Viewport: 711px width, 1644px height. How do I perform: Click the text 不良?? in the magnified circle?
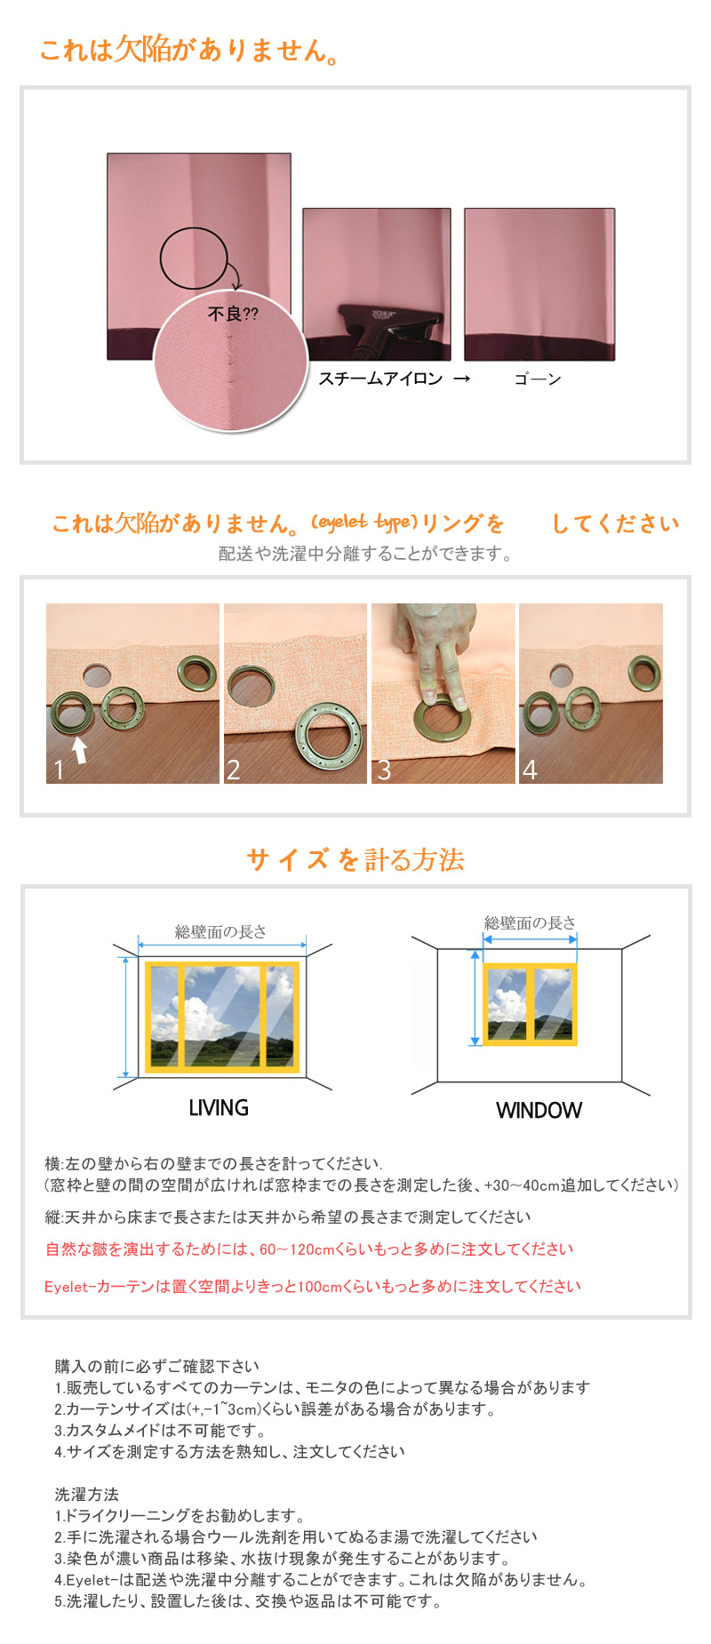pos(233,314)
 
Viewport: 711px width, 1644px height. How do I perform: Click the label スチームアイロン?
pos(380,379)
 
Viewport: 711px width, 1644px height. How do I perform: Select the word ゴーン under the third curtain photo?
pos(538,379)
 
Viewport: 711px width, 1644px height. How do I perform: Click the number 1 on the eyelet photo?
pos(59,769)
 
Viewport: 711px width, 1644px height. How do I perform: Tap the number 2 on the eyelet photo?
pos(234,769)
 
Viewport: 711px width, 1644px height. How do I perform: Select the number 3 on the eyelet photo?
pos(384,770)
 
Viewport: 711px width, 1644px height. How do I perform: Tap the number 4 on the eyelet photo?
pos(530,770)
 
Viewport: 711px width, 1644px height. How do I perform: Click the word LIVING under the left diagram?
pos(219,1107)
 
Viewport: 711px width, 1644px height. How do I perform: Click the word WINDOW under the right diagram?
pos(539,1110)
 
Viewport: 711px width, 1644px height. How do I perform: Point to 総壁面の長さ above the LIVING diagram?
pos(220,931)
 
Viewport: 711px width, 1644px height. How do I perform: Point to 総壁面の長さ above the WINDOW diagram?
pos(530,922)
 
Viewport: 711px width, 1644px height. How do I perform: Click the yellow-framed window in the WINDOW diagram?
pos(530,1004)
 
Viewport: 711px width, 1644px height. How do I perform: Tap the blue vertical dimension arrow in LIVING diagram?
pos(126,1018)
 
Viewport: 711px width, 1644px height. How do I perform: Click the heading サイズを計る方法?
pos(355,859)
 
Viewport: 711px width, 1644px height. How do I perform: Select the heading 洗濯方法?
pos(86,1495)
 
